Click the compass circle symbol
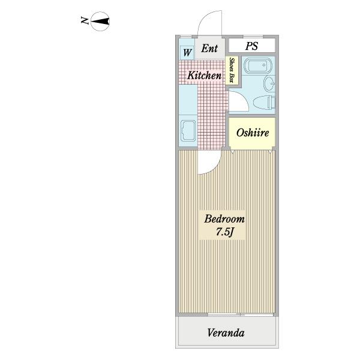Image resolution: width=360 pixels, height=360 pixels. (x=100, y=21)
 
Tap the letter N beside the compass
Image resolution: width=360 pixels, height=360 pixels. (x=85, y=20)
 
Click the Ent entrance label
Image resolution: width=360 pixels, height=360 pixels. (x=209, y=48)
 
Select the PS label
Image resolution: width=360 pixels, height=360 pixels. (x=251, y=46)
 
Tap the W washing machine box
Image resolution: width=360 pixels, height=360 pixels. (x=187, y=53)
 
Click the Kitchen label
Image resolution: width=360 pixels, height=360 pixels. (x=205, y=76)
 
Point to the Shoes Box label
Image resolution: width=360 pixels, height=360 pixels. (x=232, y=70)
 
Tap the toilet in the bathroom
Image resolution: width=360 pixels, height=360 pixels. (x=264, y=102)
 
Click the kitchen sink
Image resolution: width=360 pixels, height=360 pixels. (x=188, y=130)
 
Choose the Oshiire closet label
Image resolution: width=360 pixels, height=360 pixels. (x=253, y=133)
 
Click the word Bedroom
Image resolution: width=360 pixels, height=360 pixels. (x=224, y=218)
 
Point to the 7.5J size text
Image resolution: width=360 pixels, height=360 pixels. (x=224, y=232)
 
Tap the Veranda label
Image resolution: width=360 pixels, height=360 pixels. (x=226, y=332)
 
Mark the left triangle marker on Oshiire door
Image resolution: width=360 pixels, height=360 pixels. (x=233, y=152)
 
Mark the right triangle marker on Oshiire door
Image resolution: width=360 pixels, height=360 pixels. (x=270, y=152)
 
